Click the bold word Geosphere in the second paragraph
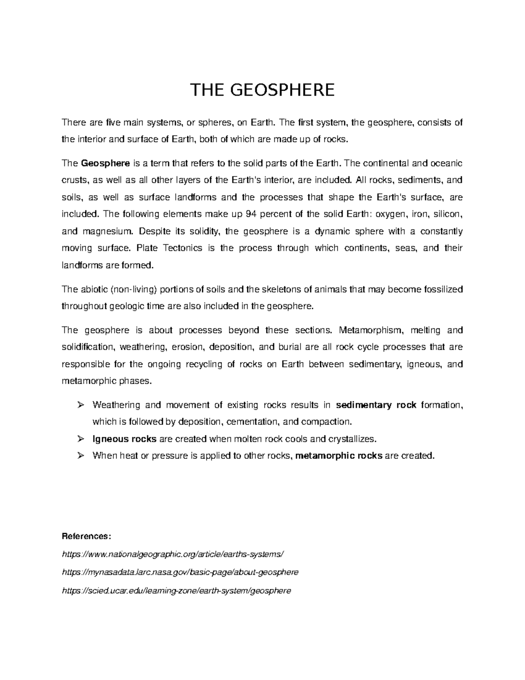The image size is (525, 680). pyautogui.click(x=105, y=163)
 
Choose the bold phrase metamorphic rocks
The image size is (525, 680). pyautogui.click(x=339, y=455)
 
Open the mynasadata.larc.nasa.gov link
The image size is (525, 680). pyautogui.click(x=180, y=572)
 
